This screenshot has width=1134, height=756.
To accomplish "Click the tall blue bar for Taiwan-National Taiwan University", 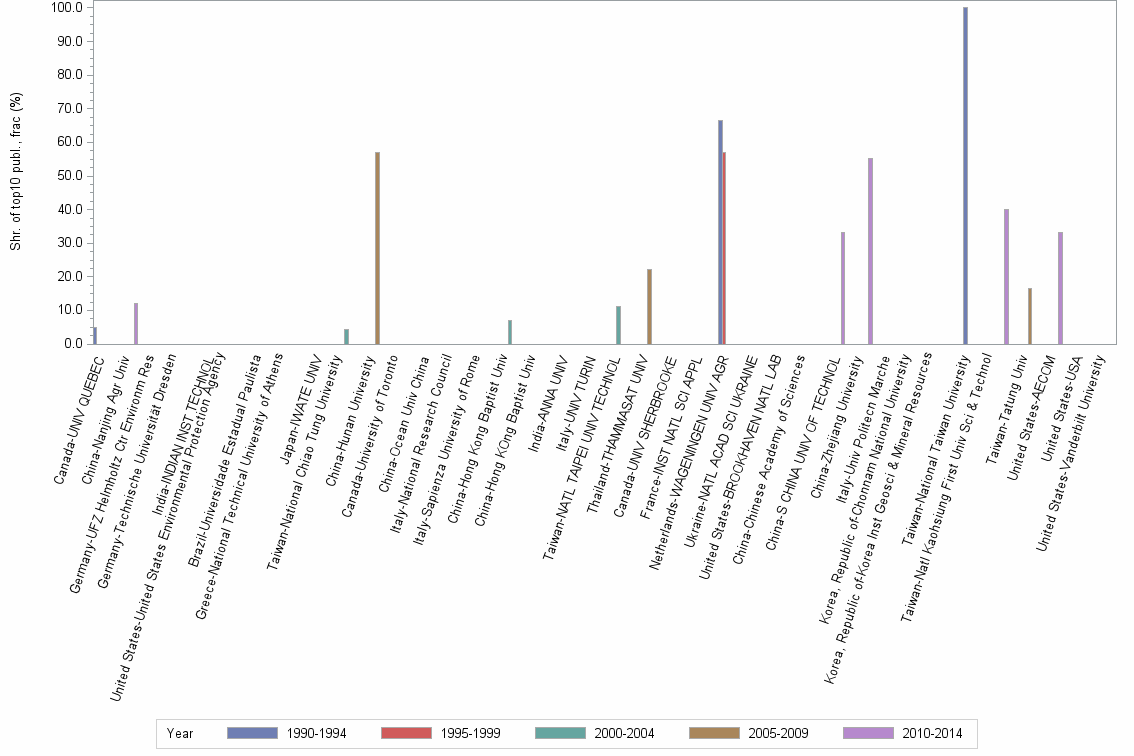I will click(965, 175).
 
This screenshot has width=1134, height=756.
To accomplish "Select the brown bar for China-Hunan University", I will click(377, 248).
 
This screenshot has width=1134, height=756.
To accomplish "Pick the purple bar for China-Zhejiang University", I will click(870, 251).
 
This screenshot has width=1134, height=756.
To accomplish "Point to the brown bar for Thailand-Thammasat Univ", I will click(649, 306).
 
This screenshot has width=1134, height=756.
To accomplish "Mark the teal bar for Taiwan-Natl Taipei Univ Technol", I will click(618, 325).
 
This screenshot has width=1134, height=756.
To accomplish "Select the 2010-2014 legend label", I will click(932, 733).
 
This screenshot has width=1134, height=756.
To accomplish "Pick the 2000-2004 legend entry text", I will click(624, 733).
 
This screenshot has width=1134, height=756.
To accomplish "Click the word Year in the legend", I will click(180, 733).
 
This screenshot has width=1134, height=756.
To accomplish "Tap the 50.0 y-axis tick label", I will click(69, 176).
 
